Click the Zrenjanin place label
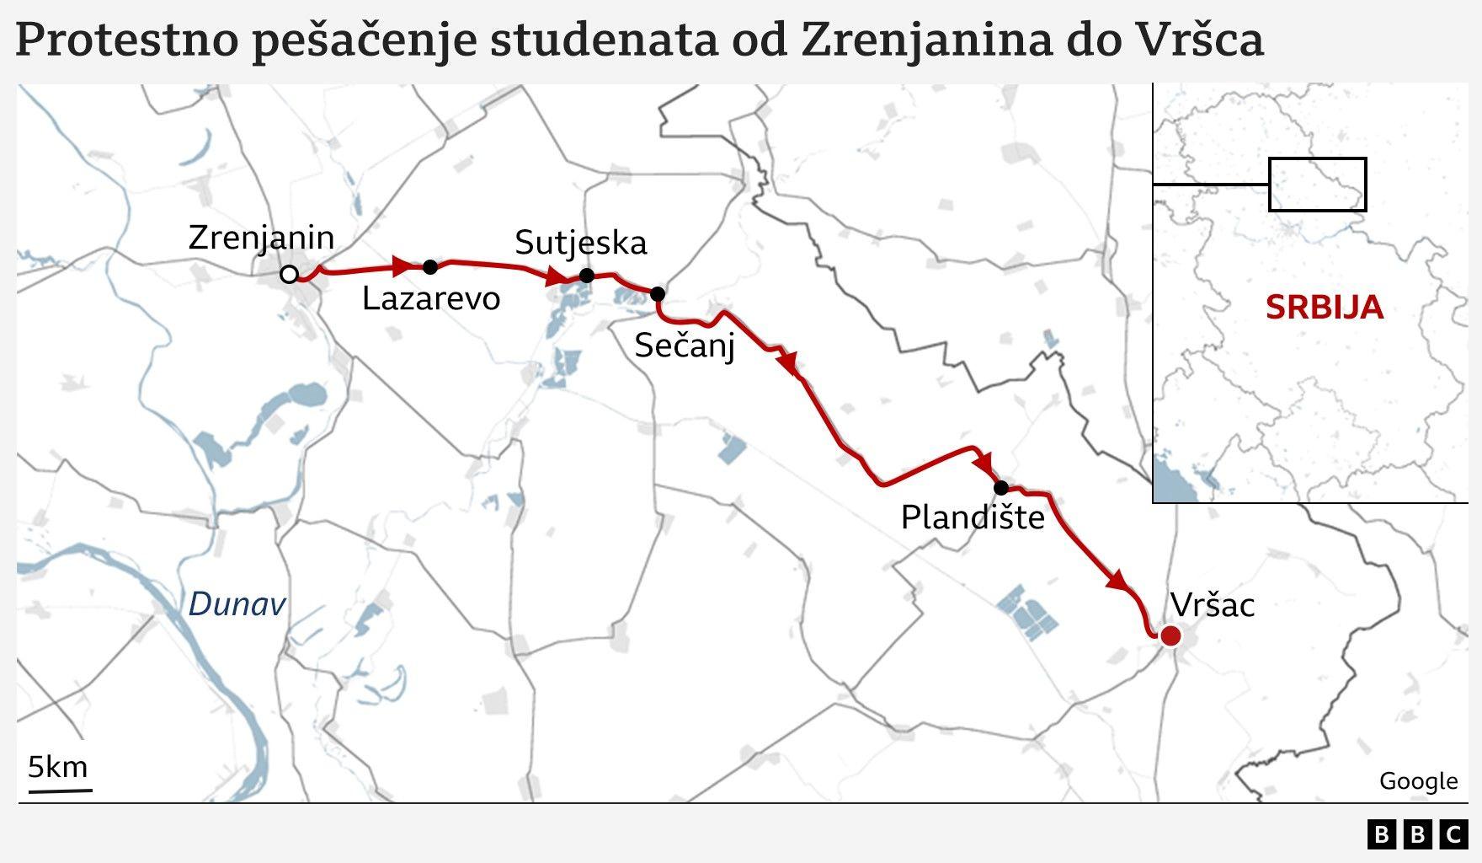click(261, 239)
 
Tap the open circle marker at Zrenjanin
click(289, 274)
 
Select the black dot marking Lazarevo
click(430, 267)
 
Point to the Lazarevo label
click(431, 299)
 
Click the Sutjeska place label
click(581, 243)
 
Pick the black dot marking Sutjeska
click(587, 276)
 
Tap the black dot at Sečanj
click(658, 293)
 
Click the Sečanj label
click(685, 346)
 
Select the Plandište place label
click(973, 517)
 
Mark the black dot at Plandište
click(1000, 487)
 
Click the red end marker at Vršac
click(1170, 636)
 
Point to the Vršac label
click(1213, 605)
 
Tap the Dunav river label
click(237, 604)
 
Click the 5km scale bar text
click(58, 767)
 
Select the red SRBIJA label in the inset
click(1324, 307)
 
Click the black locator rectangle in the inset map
click(1317, 184)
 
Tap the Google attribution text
click(1418, 781)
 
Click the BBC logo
click(1417, 834)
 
